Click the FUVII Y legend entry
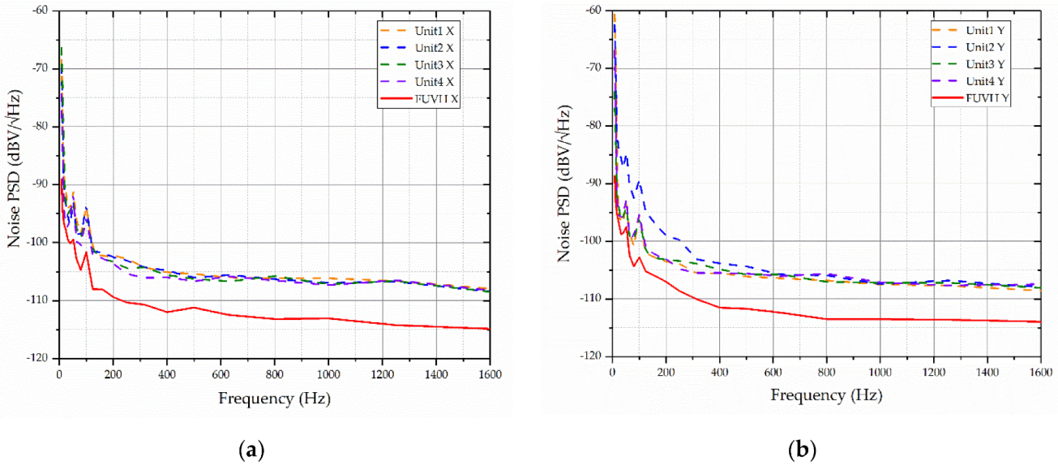click(x=987, y=98)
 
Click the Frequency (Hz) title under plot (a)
click(x=274, y=399)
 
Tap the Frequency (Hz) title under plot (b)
click(x=826, y=396)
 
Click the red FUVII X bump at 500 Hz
click(x=194, y=307)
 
